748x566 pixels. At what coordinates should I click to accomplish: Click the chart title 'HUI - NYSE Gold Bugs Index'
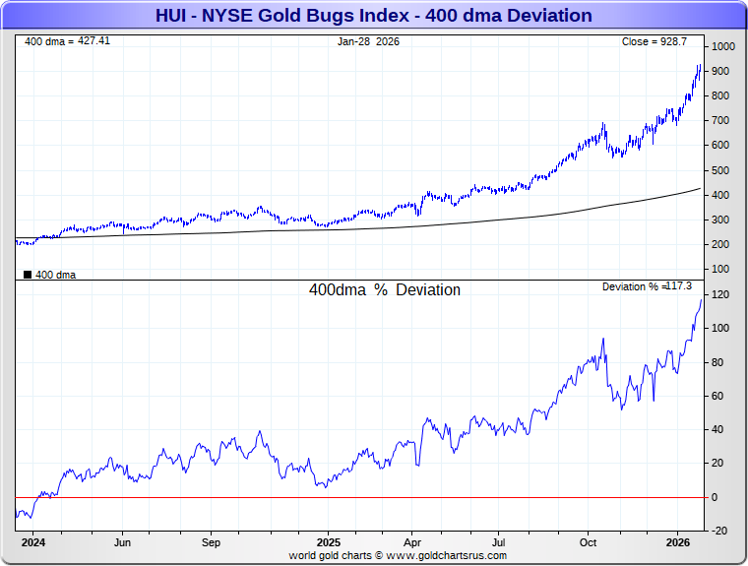373,15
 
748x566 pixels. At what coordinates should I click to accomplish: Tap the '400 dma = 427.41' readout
67,41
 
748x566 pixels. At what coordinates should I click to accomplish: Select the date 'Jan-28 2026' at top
368,41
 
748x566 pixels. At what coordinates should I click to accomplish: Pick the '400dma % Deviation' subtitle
384,290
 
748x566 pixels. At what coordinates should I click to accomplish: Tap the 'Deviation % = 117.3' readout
647,286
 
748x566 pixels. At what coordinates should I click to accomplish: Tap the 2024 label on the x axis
33,542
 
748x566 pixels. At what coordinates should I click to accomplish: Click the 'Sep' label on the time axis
212,542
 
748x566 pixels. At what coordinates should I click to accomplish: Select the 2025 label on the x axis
329,542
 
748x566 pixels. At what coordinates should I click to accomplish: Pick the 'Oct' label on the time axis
589,542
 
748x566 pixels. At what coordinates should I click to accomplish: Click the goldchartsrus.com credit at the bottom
398,555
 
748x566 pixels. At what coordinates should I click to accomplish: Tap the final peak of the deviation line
701,299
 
